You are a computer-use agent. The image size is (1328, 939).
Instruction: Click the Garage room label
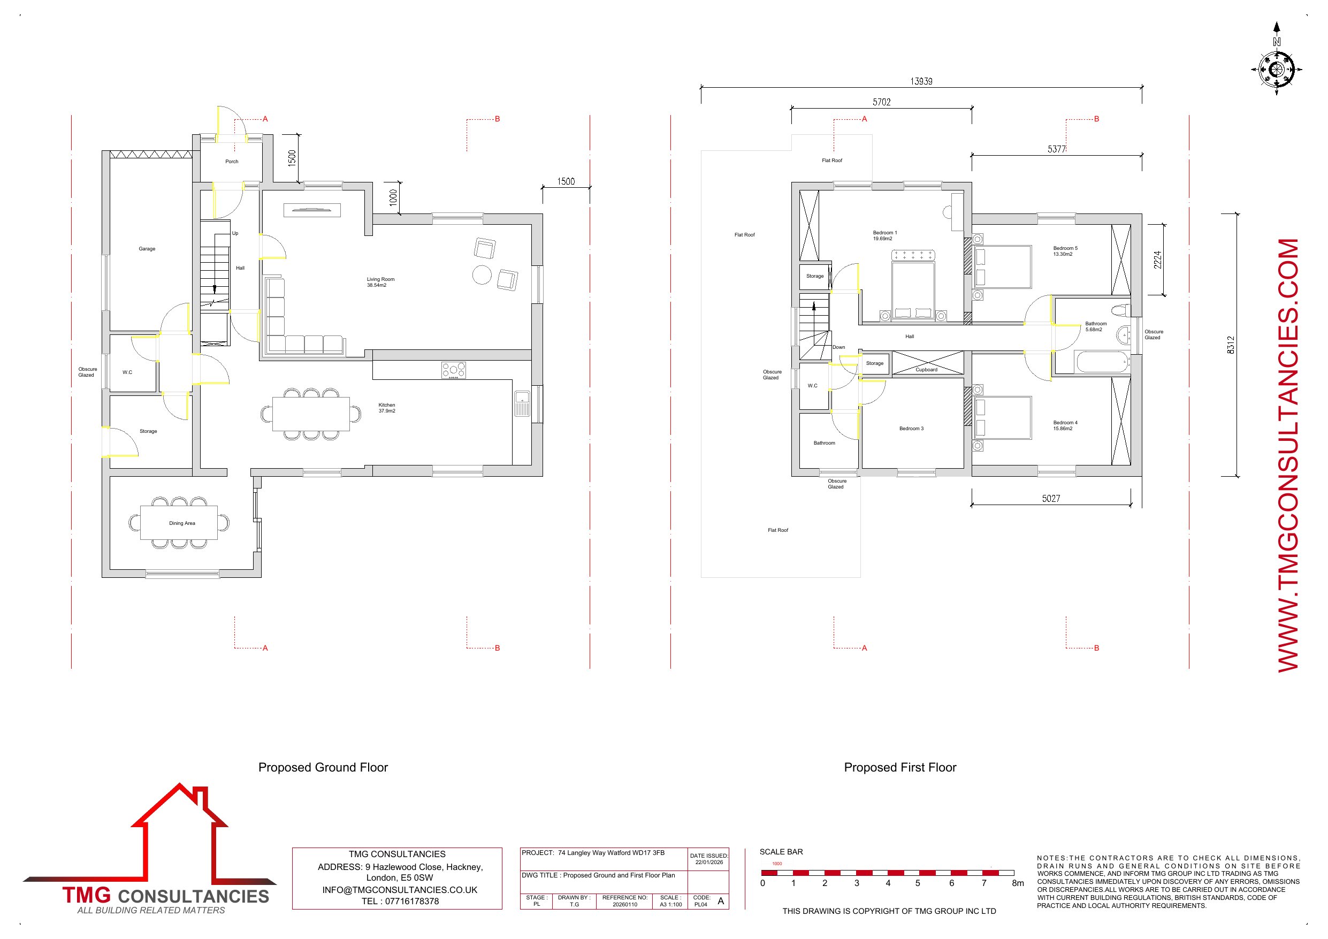147,249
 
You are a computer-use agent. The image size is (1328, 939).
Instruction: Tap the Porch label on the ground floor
232,162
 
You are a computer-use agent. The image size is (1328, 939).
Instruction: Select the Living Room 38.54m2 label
380,283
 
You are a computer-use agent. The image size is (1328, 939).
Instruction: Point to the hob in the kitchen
454,370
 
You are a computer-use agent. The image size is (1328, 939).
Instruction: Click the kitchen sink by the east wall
522,403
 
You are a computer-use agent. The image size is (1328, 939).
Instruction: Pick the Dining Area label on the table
182,523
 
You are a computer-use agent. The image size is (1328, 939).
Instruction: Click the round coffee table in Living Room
482,275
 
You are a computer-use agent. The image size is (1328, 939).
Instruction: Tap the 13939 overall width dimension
921,81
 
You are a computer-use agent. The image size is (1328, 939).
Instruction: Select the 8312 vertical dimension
1231,345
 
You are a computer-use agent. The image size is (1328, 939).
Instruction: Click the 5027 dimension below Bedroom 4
1051,498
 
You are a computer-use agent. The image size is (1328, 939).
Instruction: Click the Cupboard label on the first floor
927,370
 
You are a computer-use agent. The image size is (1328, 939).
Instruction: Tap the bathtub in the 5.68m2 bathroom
1103,363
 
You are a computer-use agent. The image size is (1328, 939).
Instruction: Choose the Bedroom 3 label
912,429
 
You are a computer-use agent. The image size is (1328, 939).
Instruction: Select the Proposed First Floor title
900,767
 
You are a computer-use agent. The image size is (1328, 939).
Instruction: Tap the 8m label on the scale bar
1018,883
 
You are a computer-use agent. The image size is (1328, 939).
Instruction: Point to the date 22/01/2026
709,862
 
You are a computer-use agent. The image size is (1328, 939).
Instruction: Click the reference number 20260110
624,904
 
